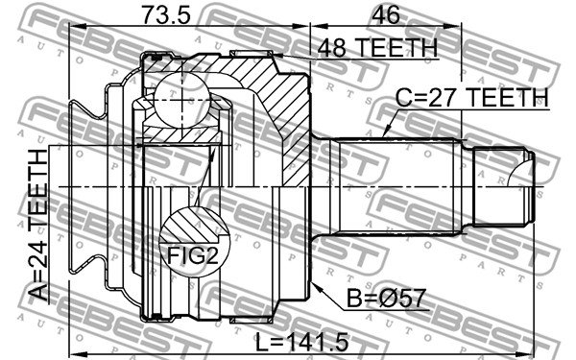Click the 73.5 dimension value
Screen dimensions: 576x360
pos(166,15)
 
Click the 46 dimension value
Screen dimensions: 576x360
pos(385,15)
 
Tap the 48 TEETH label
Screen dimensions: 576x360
pos(377,47)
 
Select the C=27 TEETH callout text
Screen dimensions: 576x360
pos(471,98)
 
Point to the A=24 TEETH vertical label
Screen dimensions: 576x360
pos(38,226)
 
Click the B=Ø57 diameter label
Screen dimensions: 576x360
pos(387,298)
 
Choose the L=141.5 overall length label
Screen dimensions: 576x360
pos(302,343)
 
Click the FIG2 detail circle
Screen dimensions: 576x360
pos(194,242)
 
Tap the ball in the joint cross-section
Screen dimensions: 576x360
pos(182,100)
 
